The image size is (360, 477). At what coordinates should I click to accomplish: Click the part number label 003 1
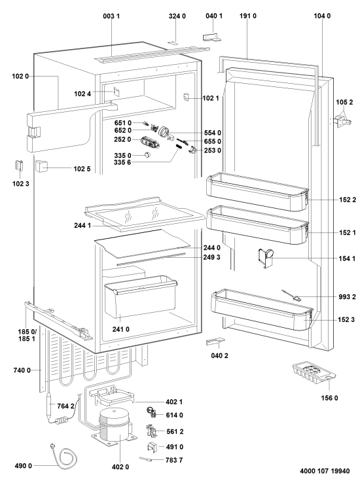pyautogui.click(x=111, y=16)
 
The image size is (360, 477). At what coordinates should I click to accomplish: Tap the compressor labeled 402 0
pyautogui.click(x=113, y=426)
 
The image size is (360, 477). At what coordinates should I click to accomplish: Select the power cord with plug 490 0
pyautogui.click(x=63, y=455)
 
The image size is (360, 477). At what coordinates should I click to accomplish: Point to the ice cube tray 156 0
pyautogui.click(x=314, y=372)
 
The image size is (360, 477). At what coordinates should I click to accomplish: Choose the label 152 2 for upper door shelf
pyautogui.click(x=347, y=200)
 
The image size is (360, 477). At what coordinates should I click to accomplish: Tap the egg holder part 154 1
pyautogui.click(x=265, y=258)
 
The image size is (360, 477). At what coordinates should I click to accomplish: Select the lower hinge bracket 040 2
pyautogui.click(x=215, y=342)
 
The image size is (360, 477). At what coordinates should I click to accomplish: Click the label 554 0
pyautogui.click(x=213, y=133)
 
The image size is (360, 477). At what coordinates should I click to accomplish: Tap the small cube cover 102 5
pyautogui.click(x=41, y=166)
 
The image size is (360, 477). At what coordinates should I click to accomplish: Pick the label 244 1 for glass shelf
pyautogui.click(x=82, y=226)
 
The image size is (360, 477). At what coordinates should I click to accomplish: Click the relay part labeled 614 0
pyautogui.click(x=152, y=413)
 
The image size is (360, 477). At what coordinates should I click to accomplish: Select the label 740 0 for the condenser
pyautogui.click(x=22, y=370)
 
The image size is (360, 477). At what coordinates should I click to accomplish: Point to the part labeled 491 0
pyautogui.click(x=152, y=447)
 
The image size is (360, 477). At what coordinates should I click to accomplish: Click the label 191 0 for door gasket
pyautogui.click(x=248, y=16)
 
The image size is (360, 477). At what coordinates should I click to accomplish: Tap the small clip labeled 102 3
pyautogui.click(x=20, y=166)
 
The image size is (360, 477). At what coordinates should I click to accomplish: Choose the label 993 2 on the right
pyautogui.click(x=347, y=297)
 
